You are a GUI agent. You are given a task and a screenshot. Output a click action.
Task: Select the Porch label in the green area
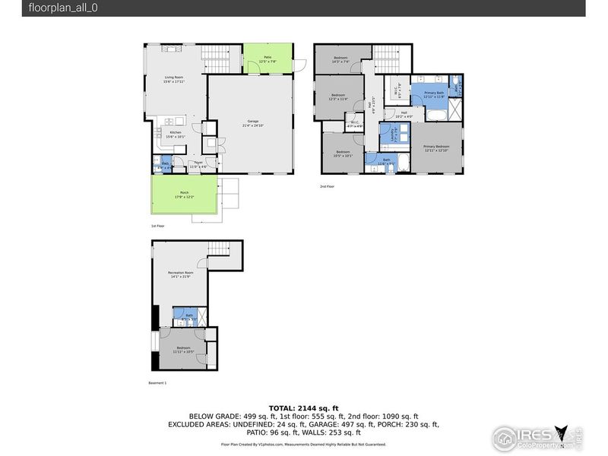coord(184,195)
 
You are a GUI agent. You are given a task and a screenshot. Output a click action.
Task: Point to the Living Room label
coord(175,78)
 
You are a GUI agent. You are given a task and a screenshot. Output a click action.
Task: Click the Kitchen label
coord(176,135)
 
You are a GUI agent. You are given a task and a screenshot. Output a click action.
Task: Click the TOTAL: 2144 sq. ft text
coord(304,408)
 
